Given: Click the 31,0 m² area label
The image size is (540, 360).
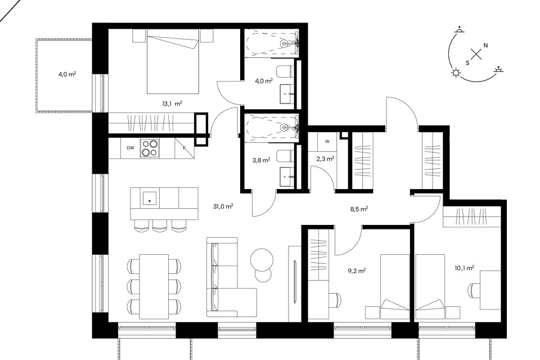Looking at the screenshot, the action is click(223, 206).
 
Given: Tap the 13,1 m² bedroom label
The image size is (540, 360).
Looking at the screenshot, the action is click(172, 103).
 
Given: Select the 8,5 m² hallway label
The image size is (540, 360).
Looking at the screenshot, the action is click(359, 209).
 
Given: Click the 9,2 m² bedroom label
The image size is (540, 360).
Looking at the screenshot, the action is click(357, 271).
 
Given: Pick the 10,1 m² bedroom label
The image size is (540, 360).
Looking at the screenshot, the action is click(465, 268).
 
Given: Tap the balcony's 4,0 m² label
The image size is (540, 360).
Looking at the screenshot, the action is click(67, 74).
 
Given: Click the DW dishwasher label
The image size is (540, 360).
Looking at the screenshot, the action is click(130, 148).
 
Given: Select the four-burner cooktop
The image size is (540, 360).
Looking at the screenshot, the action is click(150, 148).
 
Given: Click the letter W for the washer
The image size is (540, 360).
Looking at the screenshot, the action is click(327, 141).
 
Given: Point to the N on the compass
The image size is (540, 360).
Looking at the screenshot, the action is click(486, 45).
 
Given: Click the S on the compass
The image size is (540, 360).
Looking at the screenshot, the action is click(467, 62).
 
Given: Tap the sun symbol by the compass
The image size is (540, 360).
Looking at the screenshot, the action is click(456, 73).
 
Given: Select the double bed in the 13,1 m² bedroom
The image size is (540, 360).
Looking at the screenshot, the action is click(173, 61).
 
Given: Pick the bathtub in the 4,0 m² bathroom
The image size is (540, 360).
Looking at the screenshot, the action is click(271, 43).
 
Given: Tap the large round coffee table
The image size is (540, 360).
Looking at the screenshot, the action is click(262, 259).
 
